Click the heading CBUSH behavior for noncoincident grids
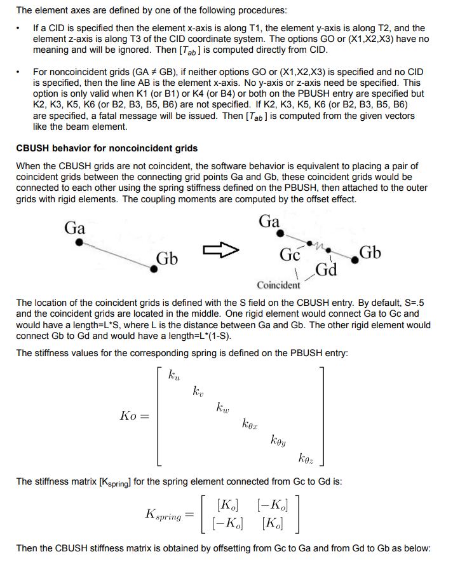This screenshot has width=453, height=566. [x=107, y=148]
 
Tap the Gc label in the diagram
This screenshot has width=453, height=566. [x=290, y=254]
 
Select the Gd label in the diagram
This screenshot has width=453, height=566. [x=326, y=270]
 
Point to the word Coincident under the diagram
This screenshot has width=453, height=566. [x=279, y=285]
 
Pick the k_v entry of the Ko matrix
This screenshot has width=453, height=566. [x=199, y=392]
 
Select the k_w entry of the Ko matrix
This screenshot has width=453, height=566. [x=223, y=408]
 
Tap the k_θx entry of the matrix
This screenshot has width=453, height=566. [x=250, y=424]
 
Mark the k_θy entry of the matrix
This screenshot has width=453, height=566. [x=278, y=440]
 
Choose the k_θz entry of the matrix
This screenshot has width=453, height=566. [x=306, y=457]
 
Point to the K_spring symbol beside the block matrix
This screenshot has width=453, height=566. [x=163, y=514]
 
